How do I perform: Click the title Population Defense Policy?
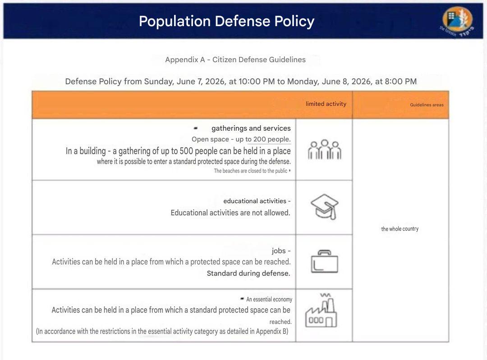click(226, 22)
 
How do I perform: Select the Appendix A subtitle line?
click(235, 59)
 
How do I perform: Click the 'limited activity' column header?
click(326, 104)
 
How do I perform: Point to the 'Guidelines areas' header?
click(427, 105)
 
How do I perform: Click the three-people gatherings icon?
click(325, 149)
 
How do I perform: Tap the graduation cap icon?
click(325, 207)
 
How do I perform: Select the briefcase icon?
click(325, 262)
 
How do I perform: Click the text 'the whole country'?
click(400, 229)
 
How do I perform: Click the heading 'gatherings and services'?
click(251, 128)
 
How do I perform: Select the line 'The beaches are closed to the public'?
click(251, 171)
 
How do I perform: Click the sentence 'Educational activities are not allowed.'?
click(230, 213)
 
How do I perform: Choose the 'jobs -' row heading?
click(281, 251)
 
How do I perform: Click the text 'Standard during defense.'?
click(248, 273)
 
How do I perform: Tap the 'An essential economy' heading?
click(269, 299)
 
